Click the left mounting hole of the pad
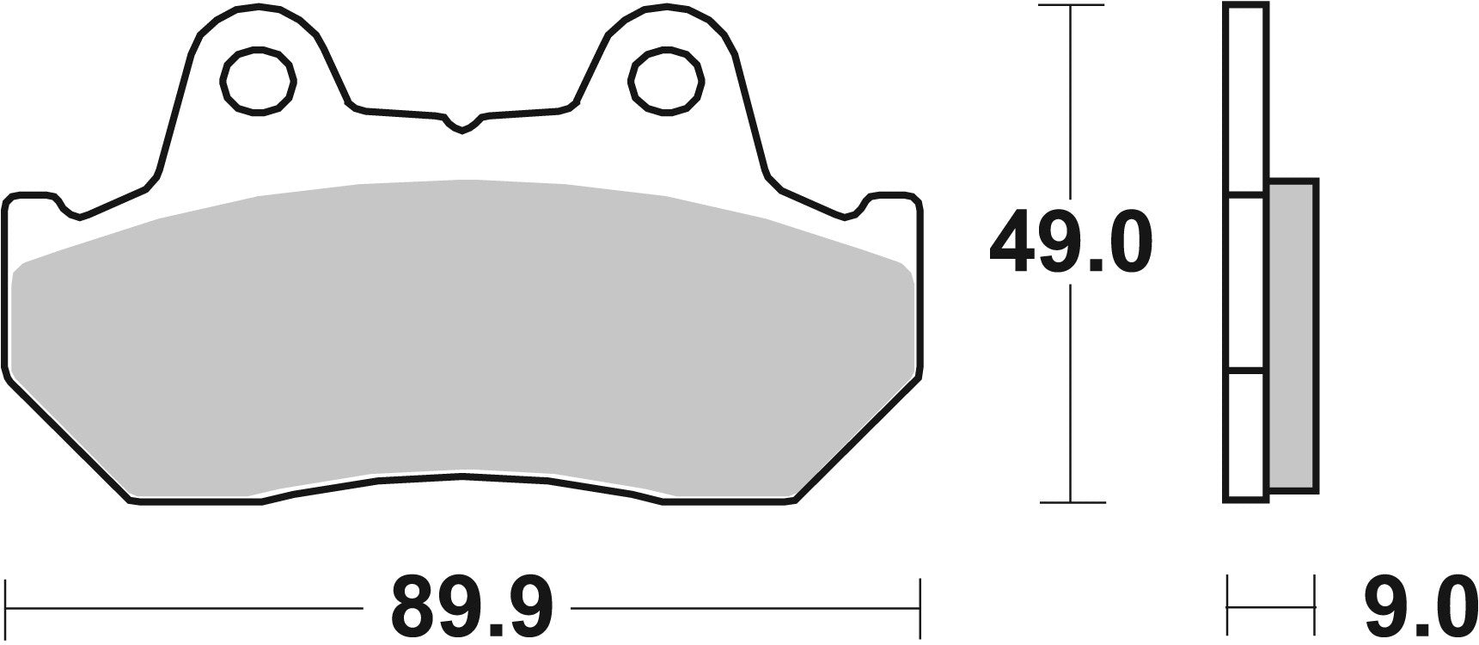point(259,83)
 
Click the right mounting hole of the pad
point(667,83)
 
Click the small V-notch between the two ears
point(462,126)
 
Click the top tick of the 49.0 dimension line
point(1070,6)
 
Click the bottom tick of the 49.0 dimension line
point(1070,502)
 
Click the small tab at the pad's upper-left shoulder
point(34,202)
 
